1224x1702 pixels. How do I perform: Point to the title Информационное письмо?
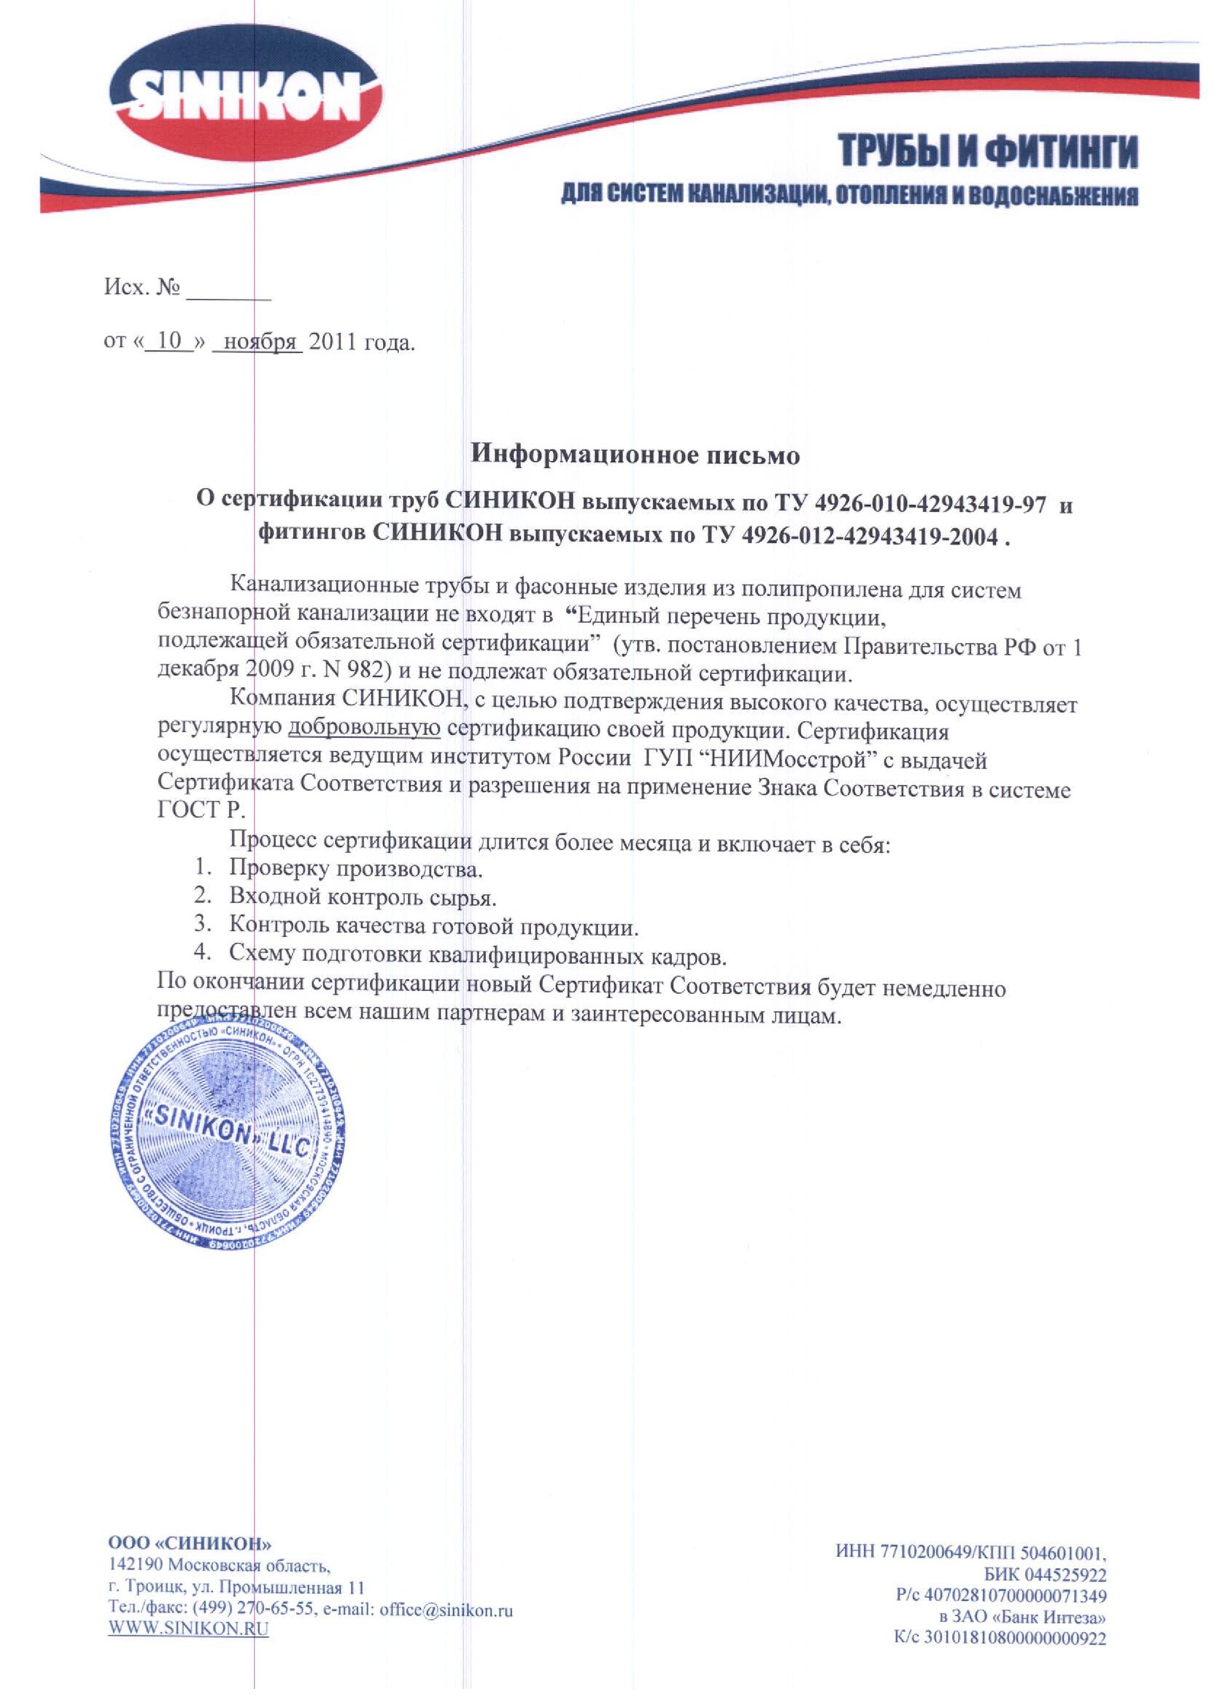pyautogui.click(x=634, y=455)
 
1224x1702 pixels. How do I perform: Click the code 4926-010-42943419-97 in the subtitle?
pyautogui.click(x=929, y=504)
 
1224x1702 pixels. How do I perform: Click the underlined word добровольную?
pyautogui.click(x=364, y=730)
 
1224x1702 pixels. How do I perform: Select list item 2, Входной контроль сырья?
pyautogui.click(x=362, y=897)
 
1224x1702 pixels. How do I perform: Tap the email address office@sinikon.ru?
pyautogui.click(x=446, y=1608)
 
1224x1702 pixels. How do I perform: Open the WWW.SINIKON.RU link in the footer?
pyautogui.click(x=188, y=1627)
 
